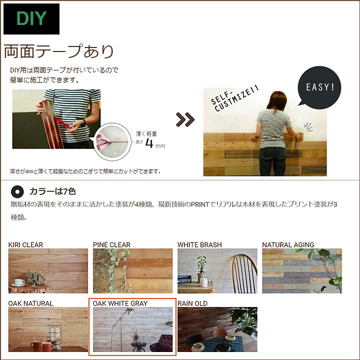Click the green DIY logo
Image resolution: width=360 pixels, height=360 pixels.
(x=31, y=19)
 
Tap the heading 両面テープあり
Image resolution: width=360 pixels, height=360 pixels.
(x=59, y=51)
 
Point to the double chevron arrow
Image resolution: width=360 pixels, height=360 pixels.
(x=184, y=120)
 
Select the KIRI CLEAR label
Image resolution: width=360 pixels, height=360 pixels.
(x=25, y=245)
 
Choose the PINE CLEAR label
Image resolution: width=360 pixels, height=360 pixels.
(x=111, y=245)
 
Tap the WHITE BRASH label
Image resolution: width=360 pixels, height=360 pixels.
(x=199, y=245)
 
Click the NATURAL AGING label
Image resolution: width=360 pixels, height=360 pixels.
(x=288, y=245)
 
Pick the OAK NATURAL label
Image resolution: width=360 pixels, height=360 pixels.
(x=30, y=303)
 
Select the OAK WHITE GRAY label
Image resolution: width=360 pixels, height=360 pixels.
(x=120, y=303)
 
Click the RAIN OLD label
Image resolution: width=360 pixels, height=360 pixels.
(x=192, y=303)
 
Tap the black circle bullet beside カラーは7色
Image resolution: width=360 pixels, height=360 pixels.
(x=17, y=191)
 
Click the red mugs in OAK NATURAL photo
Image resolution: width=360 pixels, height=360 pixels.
(x=42, y=345)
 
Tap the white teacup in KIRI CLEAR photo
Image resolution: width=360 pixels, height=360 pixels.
(x=19, y=282)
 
